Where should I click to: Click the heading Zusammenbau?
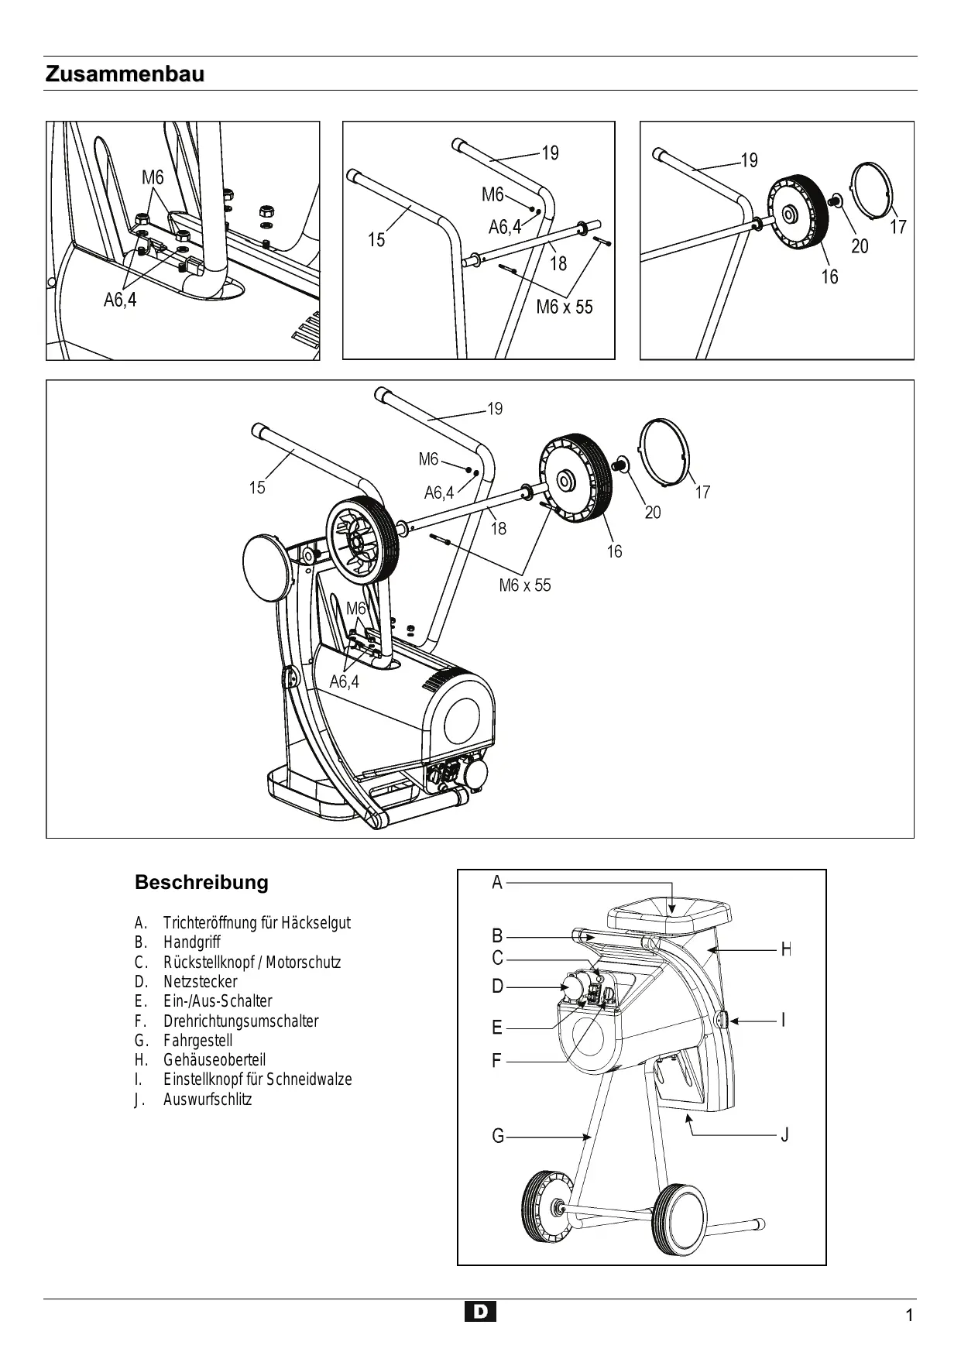point(125,75)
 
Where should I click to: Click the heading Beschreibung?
point(201,882)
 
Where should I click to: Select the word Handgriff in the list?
point(192,942)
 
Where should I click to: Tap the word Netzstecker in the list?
point(201,982)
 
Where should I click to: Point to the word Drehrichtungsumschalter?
point(241,1021)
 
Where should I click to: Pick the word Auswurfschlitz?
point(208,1100)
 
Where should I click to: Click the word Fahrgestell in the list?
point(197,1041)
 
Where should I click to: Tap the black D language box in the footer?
point(481,1312)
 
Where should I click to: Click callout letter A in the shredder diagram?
point(497,882)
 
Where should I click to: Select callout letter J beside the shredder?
point(784,1135)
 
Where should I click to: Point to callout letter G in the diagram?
point(498,1136)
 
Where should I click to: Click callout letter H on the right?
point(785,949)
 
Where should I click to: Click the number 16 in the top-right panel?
point(829,276)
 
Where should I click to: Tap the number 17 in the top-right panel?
point(898,227)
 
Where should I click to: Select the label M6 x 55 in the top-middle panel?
point(565,307)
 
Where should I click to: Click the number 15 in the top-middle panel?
point(376,240)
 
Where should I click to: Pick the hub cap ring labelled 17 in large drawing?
point(663,451)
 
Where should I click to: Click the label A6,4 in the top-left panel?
point(120,300)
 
